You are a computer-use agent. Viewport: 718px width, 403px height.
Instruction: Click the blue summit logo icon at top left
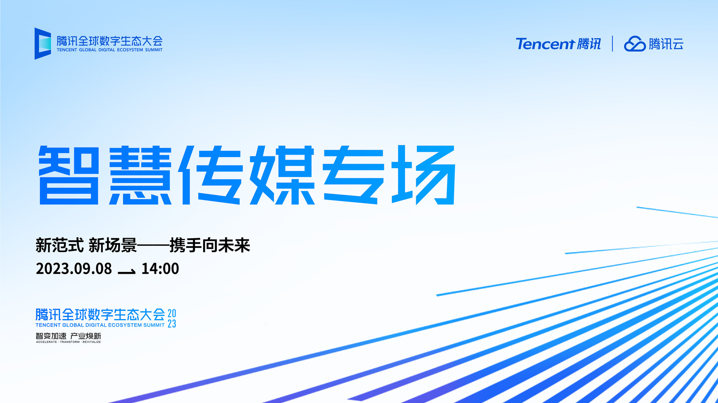click(43, 43)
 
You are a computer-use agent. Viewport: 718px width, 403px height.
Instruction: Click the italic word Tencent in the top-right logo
click(545, 44)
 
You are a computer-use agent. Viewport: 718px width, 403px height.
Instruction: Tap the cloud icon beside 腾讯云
click(635, 44)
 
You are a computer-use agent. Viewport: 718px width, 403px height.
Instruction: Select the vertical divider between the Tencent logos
click(612, 43)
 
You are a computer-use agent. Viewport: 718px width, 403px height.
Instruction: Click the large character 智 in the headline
click(69, 175)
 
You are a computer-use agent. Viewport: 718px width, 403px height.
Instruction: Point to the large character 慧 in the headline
click(140, 175)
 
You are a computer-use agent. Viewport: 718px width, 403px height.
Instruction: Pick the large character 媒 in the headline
click(282, 175)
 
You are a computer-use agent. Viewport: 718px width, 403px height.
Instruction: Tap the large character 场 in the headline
click(424, 175)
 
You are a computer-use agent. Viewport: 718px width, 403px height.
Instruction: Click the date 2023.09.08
click(74, 269)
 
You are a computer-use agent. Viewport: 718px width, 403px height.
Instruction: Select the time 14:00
click(160, 269)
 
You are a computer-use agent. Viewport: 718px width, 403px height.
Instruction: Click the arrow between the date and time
click(127, 272)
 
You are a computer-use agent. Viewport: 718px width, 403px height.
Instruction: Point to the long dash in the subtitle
click(153, 246)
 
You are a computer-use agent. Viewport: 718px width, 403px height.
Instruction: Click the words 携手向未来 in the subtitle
click(210, 246)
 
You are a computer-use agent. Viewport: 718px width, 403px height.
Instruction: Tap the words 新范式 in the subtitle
click(60, 246)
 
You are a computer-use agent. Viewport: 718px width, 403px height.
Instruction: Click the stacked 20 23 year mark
click(172, 318)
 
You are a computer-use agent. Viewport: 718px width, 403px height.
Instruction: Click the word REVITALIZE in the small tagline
click(92, 342)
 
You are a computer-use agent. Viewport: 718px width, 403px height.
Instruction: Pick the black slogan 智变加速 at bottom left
click(51, 336)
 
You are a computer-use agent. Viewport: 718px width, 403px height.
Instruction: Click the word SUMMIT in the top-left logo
click(154, 50)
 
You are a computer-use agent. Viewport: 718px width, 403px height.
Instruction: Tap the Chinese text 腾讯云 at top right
click(666, 44)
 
